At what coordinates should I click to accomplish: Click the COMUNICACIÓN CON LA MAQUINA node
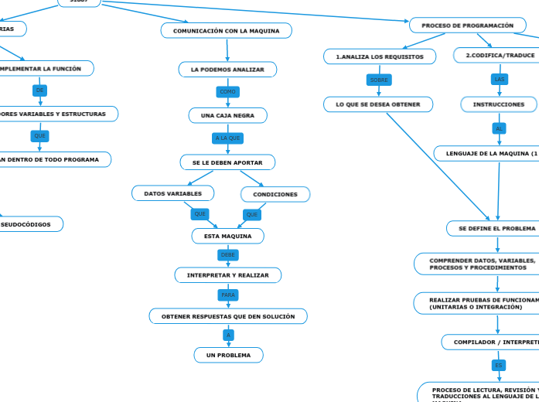(227, 31)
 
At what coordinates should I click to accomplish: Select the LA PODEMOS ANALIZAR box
(227, 70)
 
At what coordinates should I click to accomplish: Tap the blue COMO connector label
(227, 92)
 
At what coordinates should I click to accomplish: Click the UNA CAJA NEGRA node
(228, 115)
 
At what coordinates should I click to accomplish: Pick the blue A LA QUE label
(227, 138)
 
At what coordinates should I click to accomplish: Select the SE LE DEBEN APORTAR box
(227, 162)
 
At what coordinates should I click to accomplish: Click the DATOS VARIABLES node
(173, 193)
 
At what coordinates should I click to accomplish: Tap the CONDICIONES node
(275, 194)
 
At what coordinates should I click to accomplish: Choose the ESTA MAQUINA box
(227, 236)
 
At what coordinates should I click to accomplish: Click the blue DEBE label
(228, 254)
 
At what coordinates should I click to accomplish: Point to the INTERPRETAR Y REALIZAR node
(228, 275)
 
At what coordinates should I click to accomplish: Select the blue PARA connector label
(228, 295)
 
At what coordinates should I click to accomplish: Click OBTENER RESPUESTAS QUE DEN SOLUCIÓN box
(228, 316)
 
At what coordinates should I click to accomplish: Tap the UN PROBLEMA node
(228, 355)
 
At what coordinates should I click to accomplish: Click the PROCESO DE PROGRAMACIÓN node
(467, 26)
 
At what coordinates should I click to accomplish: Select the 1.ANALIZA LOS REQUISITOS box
(379, 56)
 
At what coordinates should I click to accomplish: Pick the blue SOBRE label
(379, 80)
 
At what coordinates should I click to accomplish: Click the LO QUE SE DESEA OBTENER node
(378, 104)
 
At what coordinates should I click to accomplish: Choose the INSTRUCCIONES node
(499, 104)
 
